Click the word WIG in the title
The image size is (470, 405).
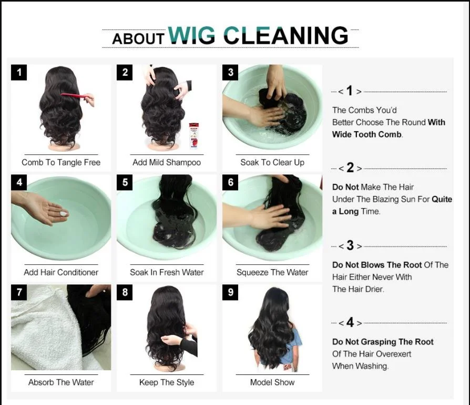[x=191, y=35]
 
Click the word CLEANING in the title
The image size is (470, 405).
[x=285, y=35]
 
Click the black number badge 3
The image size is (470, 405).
[x=230, y=72]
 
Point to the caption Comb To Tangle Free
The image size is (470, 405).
[x=61, y=162]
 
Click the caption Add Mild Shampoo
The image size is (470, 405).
[x=167, y=162]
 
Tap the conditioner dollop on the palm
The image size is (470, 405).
[x=64, y=214]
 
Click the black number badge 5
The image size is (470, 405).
[x=125, y=182]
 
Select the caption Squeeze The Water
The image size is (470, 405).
[x=272, y=272]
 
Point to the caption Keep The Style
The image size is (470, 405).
[x=167, y=382]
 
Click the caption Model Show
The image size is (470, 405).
[x=272, y=382]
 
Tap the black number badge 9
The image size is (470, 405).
[x=230, y=292]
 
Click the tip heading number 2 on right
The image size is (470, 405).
[x=350, y=169]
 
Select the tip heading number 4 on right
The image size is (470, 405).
[x=350, y=322]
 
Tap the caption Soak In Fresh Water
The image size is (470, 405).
[x=167, y=272]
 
